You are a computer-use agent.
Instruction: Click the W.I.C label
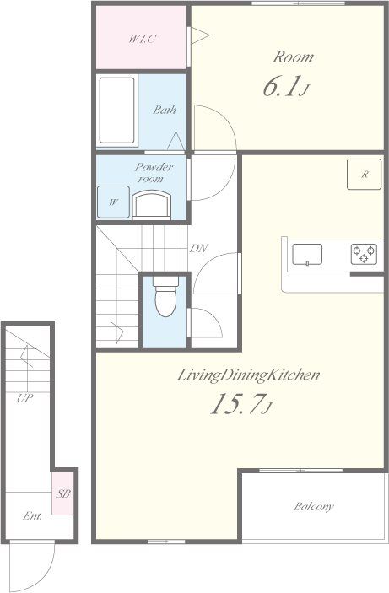tap(143, 39)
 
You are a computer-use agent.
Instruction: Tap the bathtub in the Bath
tap(117, 111)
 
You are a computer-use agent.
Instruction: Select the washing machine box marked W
tap(114, 202)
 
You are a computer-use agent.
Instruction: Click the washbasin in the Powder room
tap(151, 205)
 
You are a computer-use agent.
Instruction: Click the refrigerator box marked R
tap(364, 174)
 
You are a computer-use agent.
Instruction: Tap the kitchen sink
tap(307, 254)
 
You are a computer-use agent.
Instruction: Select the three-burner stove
tap(364, 254)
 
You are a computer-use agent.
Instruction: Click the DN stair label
tap(198, 249)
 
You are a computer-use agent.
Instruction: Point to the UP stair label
tap(25, 398)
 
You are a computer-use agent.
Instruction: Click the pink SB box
tap(62, 493)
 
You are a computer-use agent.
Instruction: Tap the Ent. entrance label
tap(33, 516)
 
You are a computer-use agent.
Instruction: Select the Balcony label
tap(314, 506)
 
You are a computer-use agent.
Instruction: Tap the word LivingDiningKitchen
tap(249, 375)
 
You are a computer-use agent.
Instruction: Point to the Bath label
tap(165, 110)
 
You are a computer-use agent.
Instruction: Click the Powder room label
tap(154, 172)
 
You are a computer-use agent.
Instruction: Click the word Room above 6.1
tap(294, 57)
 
